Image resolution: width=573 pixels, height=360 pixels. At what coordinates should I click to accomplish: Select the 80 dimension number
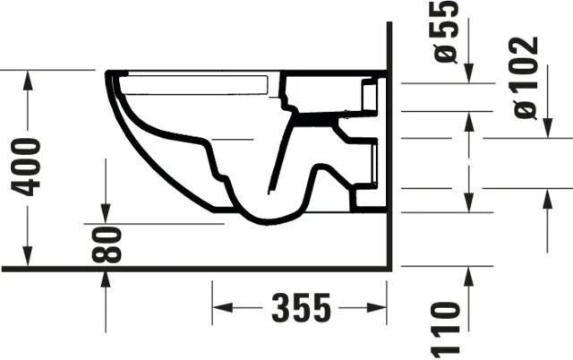point(107,244)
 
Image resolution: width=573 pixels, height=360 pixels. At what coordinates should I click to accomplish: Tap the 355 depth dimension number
point(300,308)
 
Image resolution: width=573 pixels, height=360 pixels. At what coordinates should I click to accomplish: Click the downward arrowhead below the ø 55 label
point(469,76)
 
